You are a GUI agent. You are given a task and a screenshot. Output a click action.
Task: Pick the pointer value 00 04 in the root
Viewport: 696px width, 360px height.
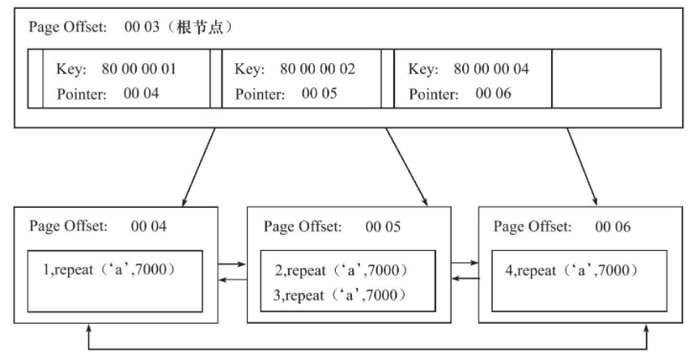click(142, 93)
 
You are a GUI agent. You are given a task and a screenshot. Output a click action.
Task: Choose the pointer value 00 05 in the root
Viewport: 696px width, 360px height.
click(318, 93)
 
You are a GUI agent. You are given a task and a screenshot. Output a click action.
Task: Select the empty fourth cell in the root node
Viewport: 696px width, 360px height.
click(605, 78)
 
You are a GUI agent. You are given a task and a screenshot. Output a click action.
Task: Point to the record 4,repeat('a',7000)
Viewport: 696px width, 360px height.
click(571, 268)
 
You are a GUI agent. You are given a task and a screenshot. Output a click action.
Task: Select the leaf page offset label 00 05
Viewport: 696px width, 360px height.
click(380, 227)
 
